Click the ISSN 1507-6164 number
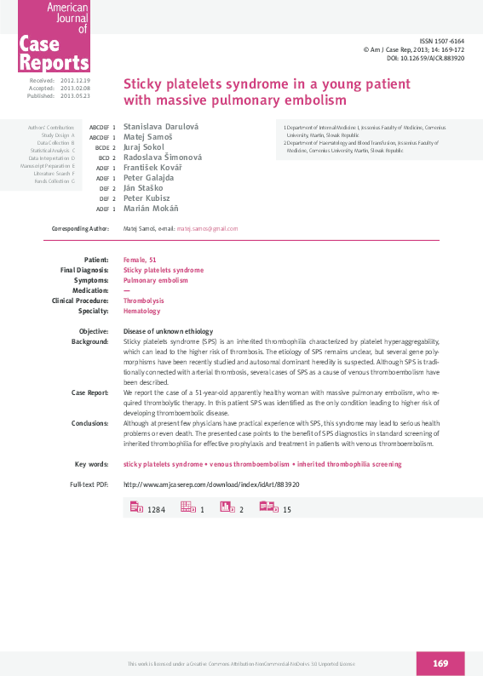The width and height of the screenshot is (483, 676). [x=443, y=42]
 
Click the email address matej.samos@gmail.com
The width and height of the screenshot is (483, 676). [x=207, y=229]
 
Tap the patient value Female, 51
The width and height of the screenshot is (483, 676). [x=140, y=259]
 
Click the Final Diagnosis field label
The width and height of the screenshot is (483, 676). [x=84, y=269]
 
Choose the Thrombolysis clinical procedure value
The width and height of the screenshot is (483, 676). [x=144, y=301]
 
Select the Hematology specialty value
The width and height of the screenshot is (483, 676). [x=141, y=311]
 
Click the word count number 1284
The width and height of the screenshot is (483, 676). [x=156, y=509]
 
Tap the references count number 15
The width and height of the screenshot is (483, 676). [x=287, y=509]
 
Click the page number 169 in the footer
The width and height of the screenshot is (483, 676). [x=440, y=663]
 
